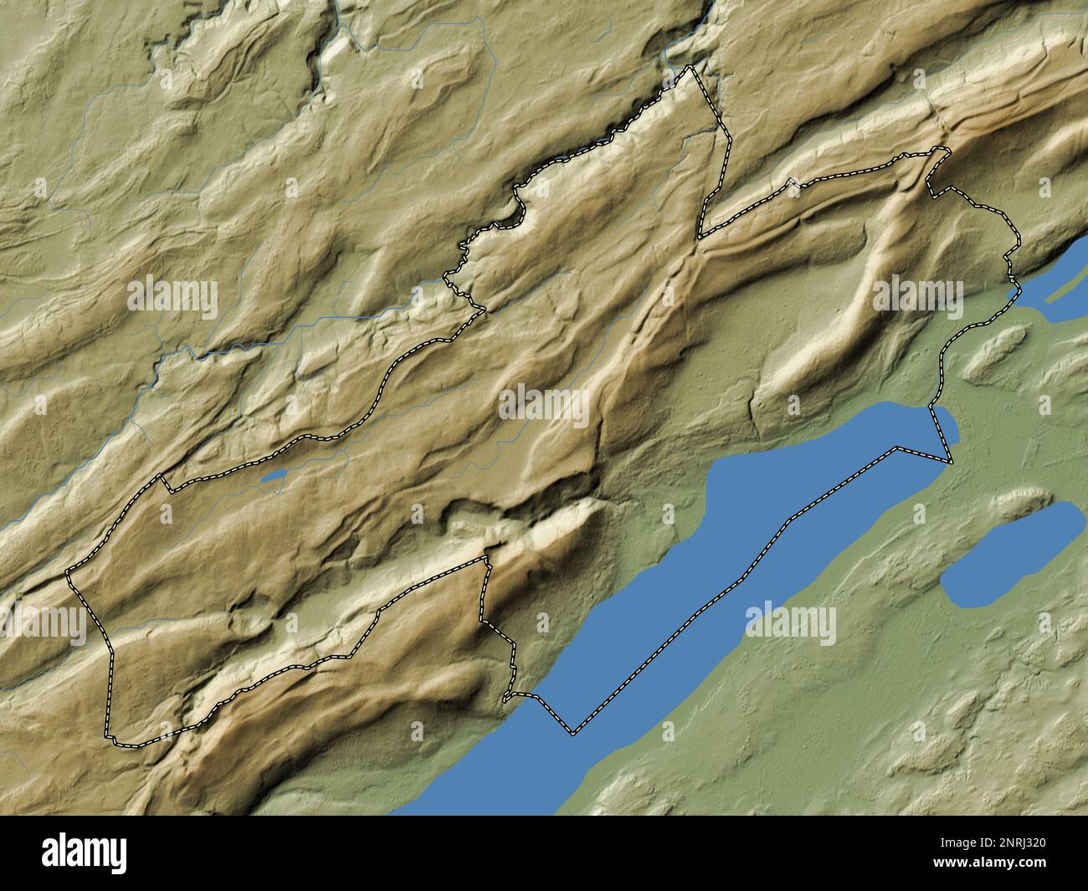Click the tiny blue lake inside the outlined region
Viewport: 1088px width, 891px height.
click(275, 478)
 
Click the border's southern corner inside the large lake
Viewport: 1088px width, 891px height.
click(574, 734)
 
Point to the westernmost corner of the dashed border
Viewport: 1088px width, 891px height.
click(67, 573)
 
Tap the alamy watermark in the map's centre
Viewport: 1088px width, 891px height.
click(544, 404)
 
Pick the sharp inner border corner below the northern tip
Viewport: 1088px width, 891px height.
click(700, 238)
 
